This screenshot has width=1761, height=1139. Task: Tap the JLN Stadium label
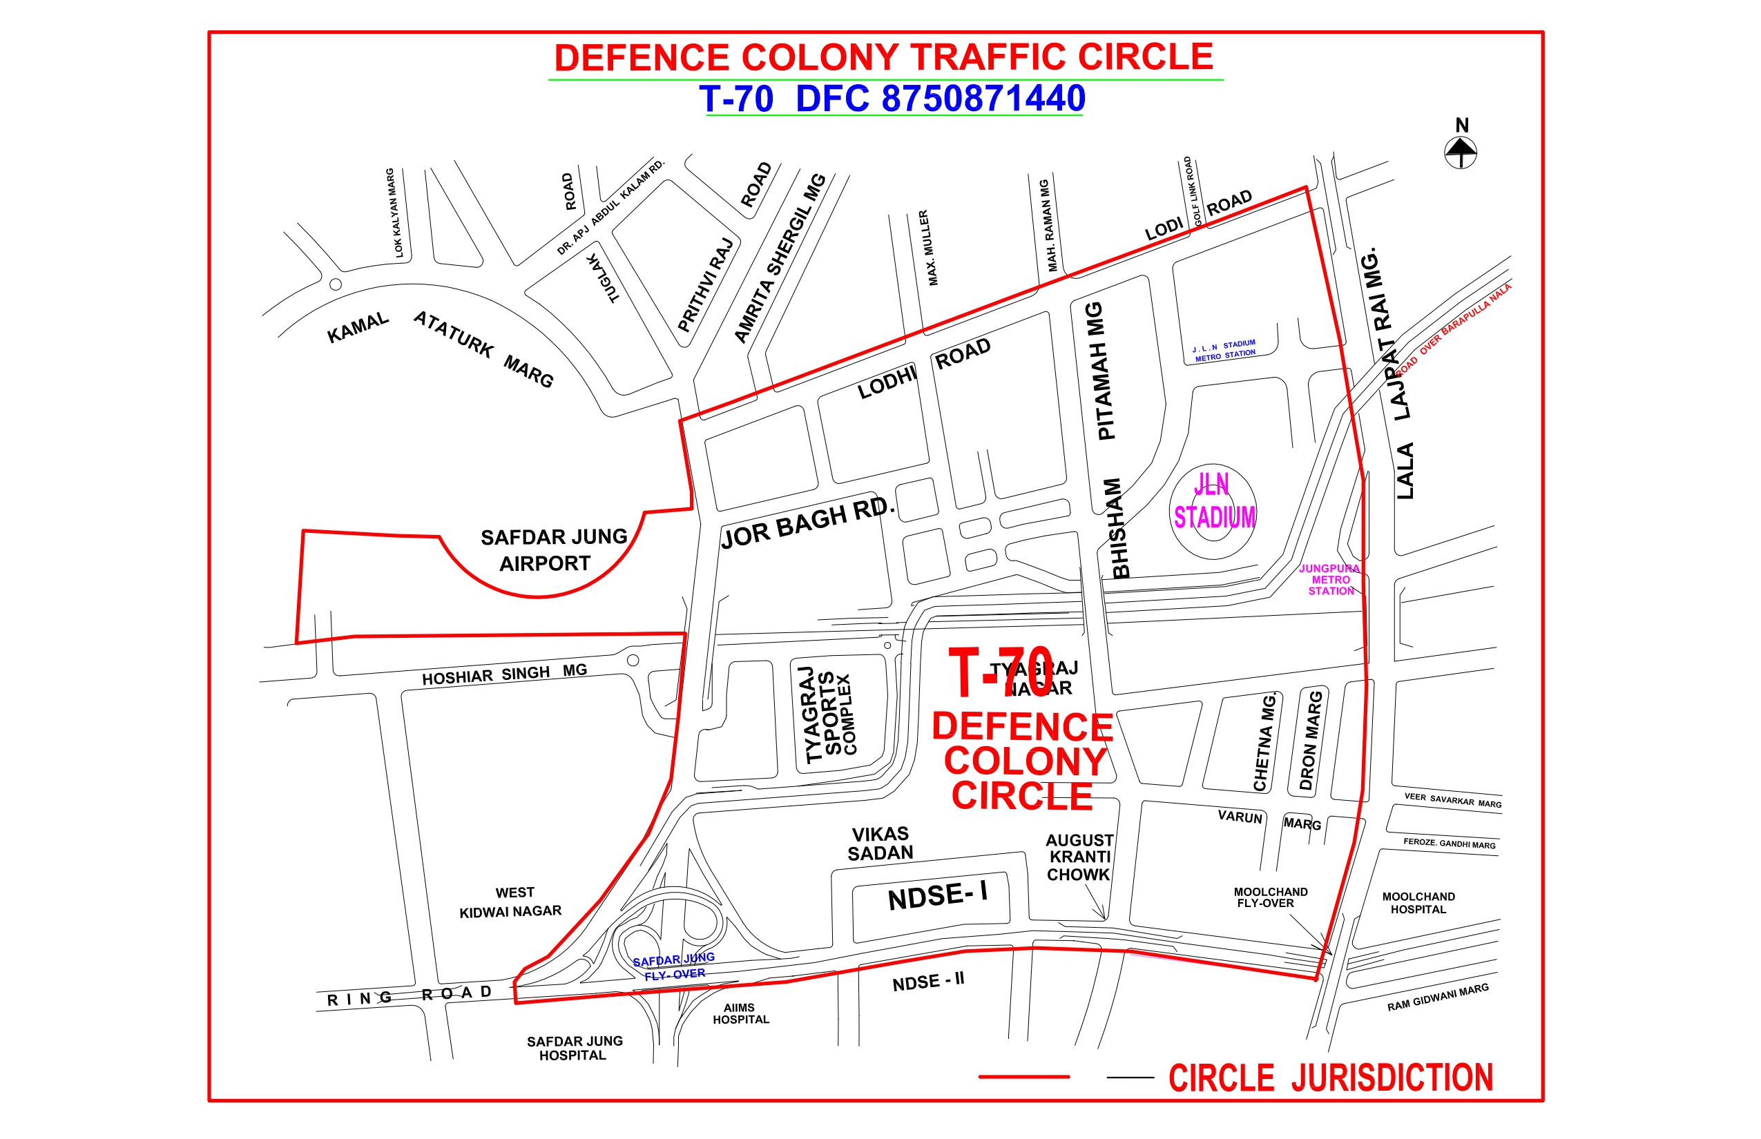click(1213, 501)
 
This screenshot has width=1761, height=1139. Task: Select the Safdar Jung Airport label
click(552, 550)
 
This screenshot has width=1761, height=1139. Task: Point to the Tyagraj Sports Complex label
click(829, 713)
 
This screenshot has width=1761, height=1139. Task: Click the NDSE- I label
click(936, 896)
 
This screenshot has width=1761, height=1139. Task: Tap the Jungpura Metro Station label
click(1329, 580)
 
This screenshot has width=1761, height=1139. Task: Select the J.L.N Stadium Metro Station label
click(1224, 351)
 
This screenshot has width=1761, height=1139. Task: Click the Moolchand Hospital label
click(1418, 903)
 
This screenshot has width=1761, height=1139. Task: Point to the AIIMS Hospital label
click(740, 1013)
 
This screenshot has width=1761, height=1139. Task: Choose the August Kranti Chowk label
click(1079, 857)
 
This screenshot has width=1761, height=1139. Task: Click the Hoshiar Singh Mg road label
click(505, 674)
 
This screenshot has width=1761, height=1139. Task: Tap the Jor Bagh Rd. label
click(808, 523)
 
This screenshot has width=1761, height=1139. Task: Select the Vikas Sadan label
click(880, 844)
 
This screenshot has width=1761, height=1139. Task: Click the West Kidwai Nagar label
click(511, 902)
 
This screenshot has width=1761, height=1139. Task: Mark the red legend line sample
click(1024, 1077)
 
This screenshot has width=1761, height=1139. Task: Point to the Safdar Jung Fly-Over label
click(673, 966)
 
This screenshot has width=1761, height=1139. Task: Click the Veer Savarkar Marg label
click(1452, 800)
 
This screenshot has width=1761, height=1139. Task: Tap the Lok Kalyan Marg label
click(394, 213)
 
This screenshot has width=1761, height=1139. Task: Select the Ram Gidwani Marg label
click(1437, 997)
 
